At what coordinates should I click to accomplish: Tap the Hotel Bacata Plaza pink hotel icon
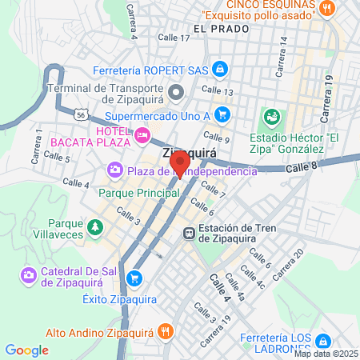142,135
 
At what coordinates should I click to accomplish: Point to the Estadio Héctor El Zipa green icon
274,118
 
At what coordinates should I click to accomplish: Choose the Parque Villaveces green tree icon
95,228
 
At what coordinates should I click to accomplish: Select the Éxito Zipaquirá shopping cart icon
135,278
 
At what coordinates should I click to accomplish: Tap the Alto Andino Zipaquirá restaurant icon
164,330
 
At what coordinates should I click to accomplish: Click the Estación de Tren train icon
189,233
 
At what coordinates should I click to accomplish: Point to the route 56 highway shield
81,115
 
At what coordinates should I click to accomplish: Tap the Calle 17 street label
174,38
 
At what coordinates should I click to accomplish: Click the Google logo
26,350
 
